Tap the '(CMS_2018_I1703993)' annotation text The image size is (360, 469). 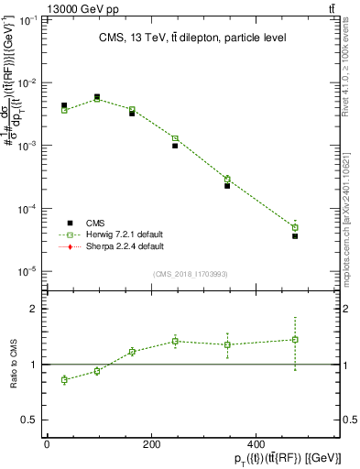[190, 274]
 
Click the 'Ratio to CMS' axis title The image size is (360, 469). [16, 364]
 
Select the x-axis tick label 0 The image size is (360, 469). [47, 445]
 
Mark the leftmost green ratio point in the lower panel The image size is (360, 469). [64, 379]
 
